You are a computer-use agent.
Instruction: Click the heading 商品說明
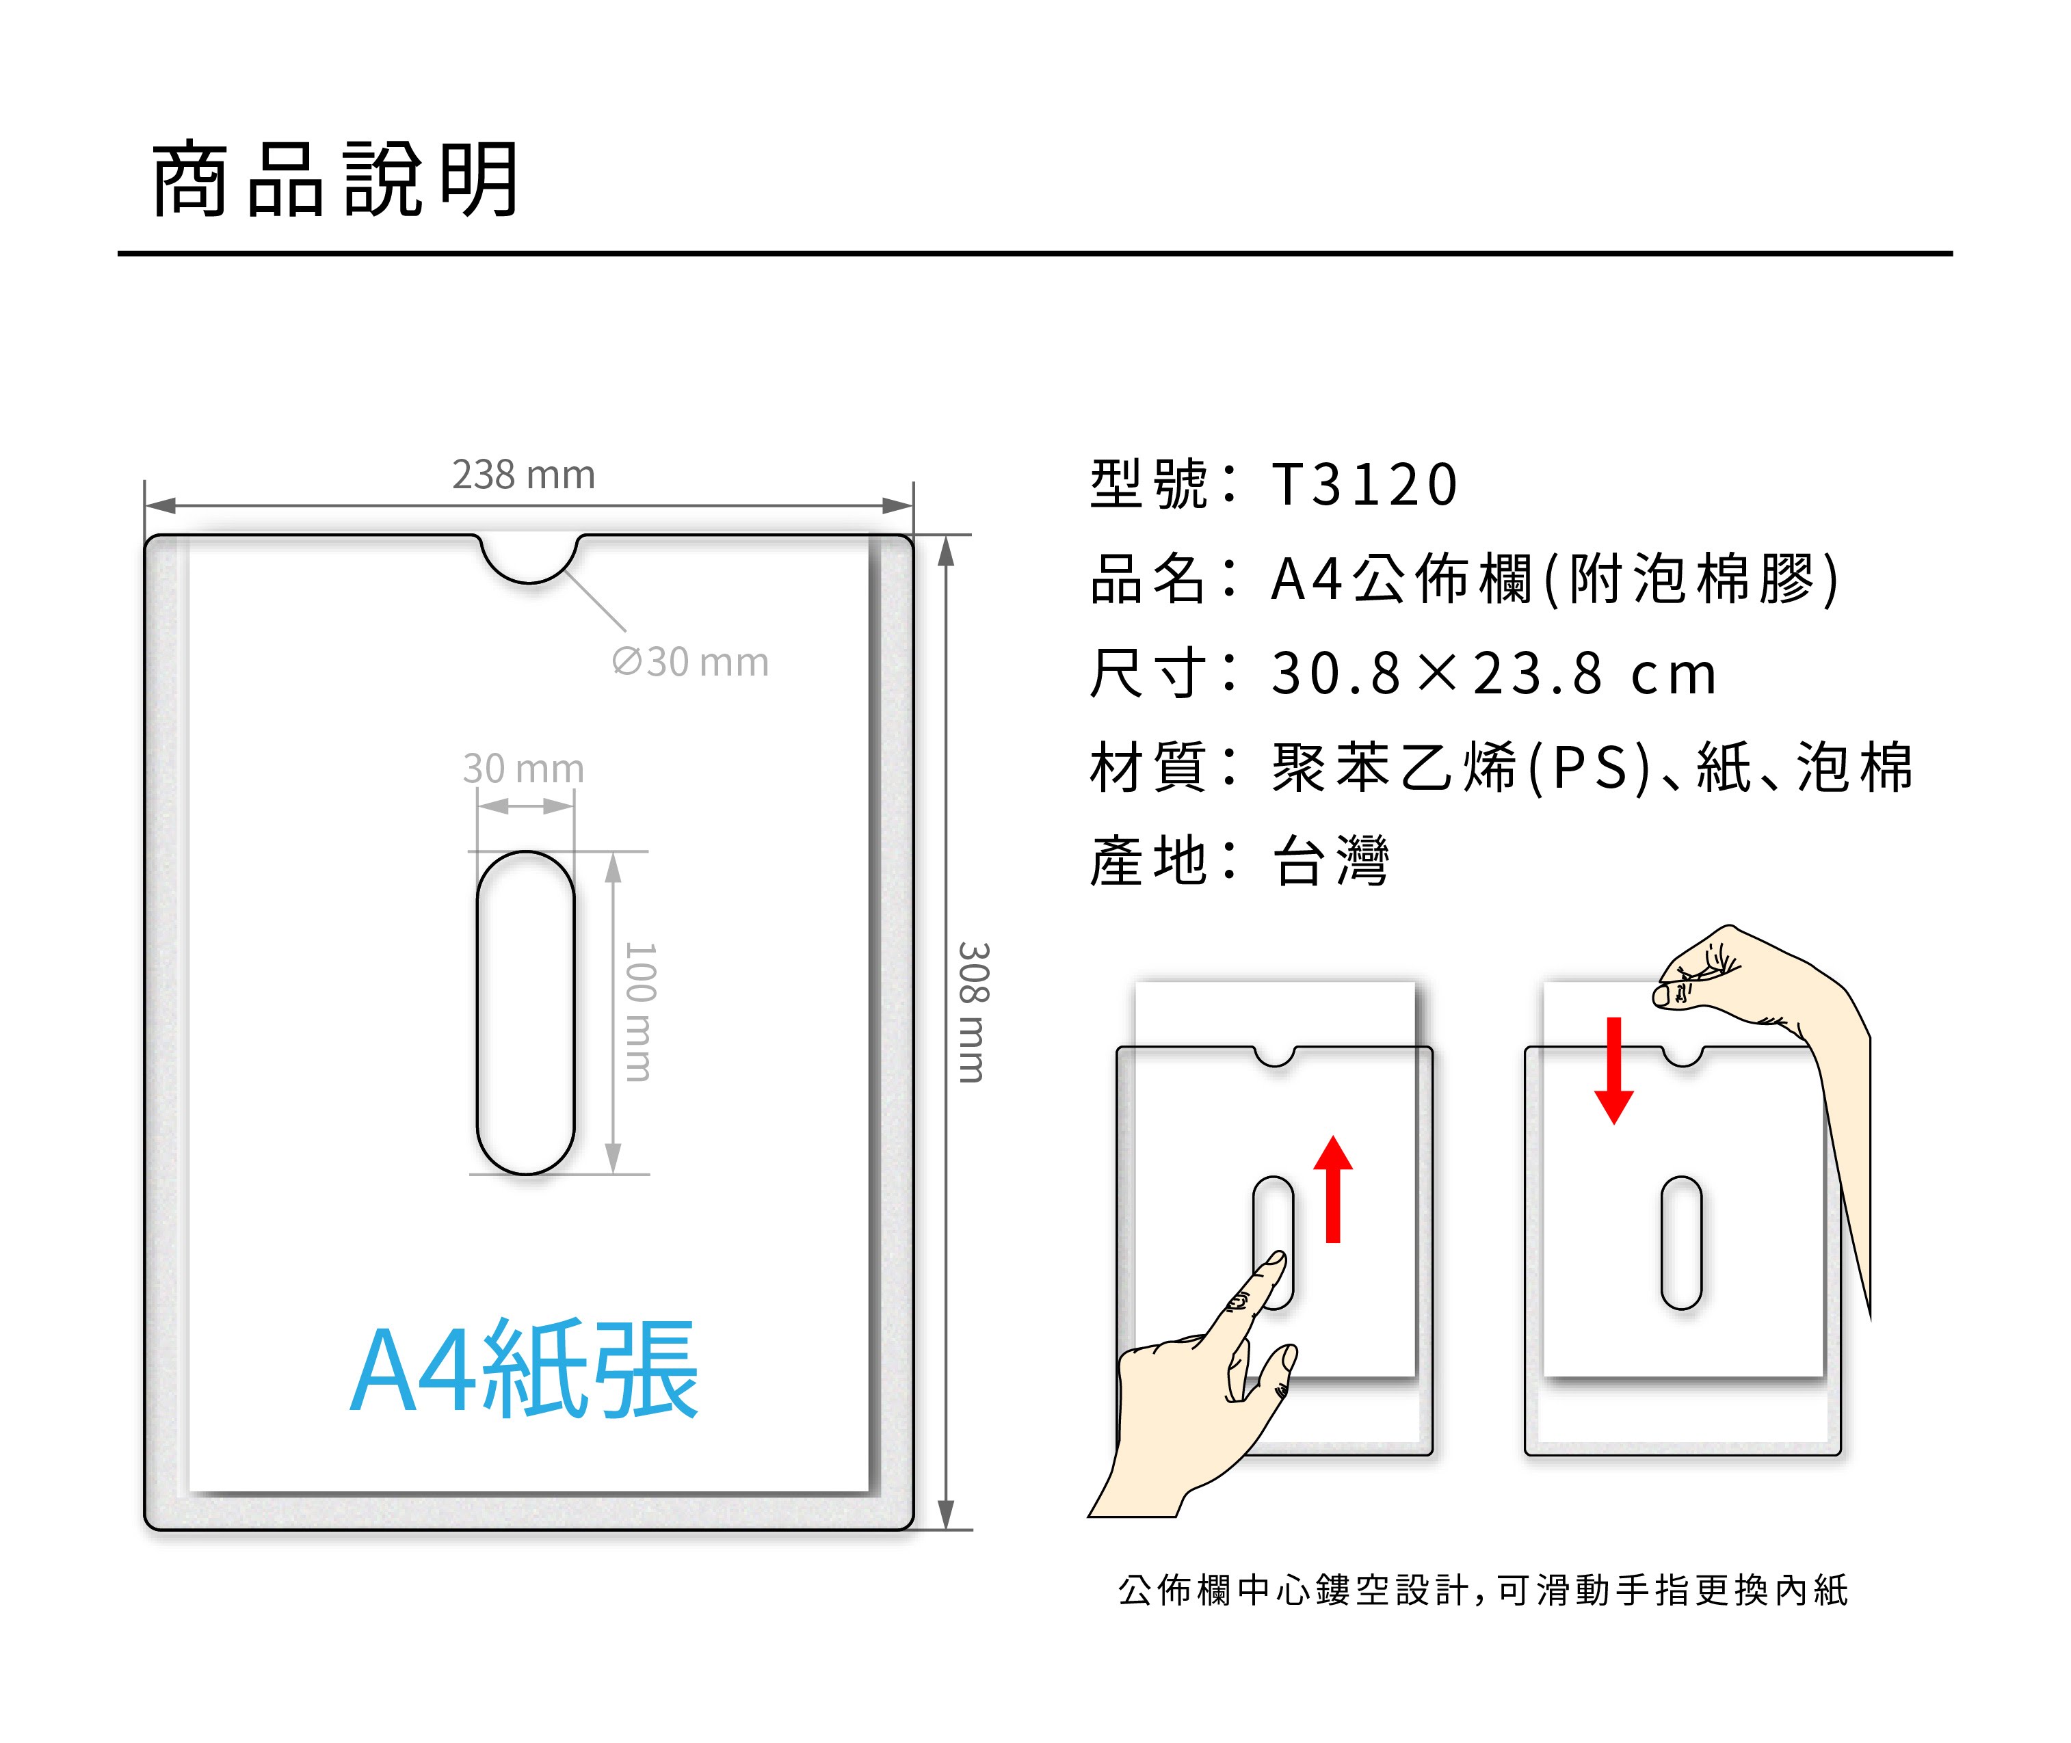tap(334, 179)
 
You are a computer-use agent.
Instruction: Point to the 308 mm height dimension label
tap(973, 1012)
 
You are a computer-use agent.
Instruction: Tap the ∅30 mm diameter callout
tap(689, 662)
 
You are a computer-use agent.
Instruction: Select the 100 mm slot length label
tap(640, 1012)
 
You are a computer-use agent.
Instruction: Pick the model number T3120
tap(1364, 484)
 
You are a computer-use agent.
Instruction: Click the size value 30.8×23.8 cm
tap(1492, 674)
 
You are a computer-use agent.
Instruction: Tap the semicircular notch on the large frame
tap(529, 557)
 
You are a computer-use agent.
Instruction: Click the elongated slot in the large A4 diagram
tap(526, 1012)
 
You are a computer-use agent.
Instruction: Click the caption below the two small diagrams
tap(1482, 1591)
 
